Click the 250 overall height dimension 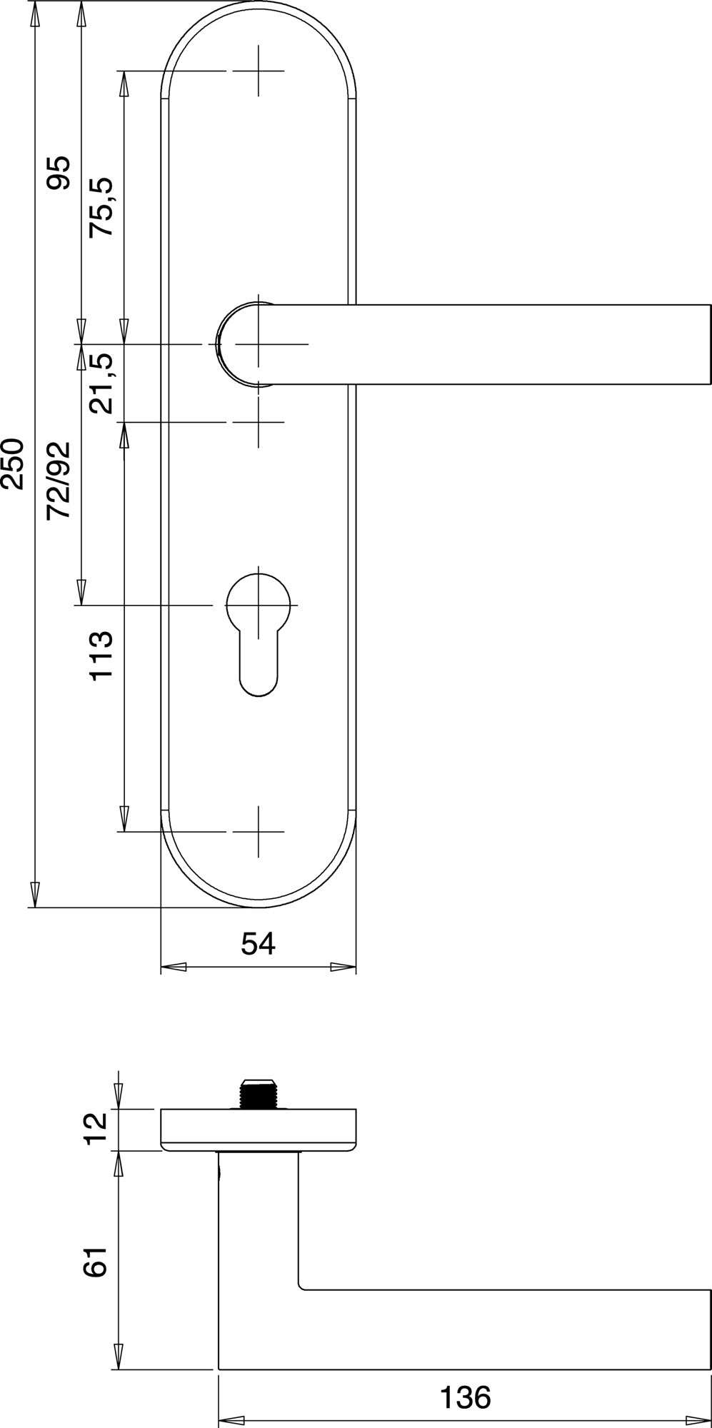click(x=13, y=465)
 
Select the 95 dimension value click(x=59, y=173)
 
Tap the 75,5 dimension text click(x=101, y=207)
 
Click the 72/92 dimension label click(x=59, y=481)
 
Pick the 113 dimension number click(x=101, y=655)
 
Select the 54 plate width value click(x=258, y=943)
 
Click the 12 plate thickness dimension click(x=95, y=1129)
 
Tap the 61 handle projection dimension click(x=95, y=1262)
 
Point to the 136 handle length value click(x=466, y=1397)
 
